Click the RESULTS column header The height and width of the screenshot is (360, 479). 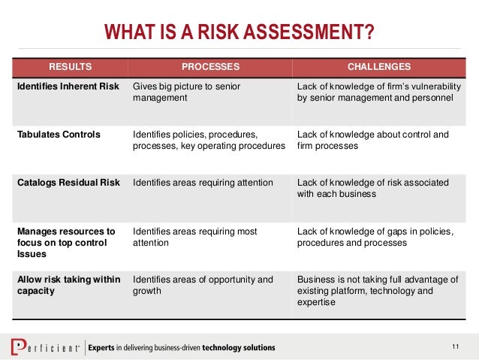pyautogui.click(x=68, y=66)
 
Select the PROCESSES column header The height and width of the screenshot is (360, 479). pyautogui.click(x=209, y=66)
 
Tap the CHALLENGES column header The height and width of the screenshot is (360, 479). pyautogui.click(x=379, y=66)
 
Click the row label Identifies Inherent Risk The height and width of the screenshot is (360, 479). pyautogui.click(x=68, y=86)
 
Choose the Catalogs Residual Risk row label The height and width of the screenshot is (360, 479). pyautogui.click(x=68, y=183)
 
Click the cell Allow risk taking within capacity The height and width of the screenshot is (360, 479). pyautogui.click(x=68, y=286)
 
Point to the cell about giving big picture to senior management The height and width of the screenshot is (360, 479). pyautogui.click(x=186, y=92)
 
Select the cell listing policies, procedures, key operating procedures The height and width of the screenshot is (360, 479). pyautogui.click(x=209, y=141)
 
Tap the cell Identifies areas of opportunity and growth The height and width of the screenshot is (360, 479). pyautogui.click(x=203, y=286)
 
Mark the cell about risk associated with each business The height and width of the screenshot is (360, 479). pyautogui.click(x=373, y=188)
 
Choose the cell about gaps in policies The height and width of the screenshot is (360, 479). pyautogui.click(x=375, y=237)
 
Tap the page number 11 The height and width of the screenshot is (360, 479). pyautogui.click(x=455, y=346)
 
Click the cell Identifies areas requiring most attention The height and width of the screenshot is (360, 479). pyautogui.click(x=194, y=237)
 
